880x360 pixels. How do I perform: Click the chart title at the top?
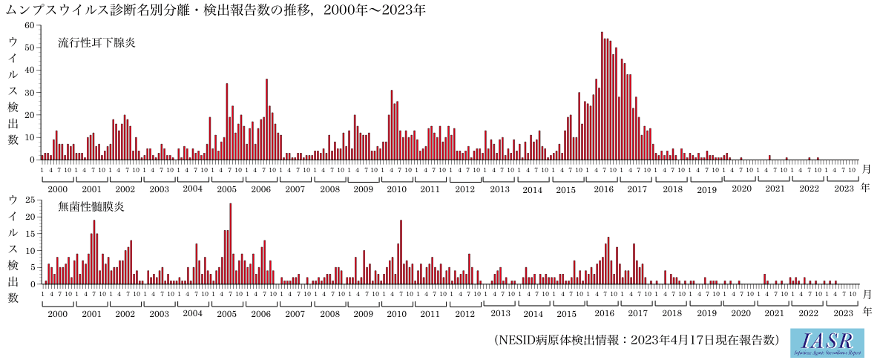pyautogui.click(x=216, y=10)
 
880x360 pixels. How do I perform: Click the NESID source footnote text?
pyautogui.click(x=637, y=340)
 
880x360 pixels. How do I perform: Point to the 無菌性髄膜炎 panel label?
pyautogui.click(x=91, y=206)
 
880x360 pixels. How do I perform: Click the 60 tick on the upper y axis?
pyautogui.click(x=30, y=25)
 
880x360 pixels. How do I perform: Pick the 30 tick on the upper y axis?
pyautogui.click(x=30, y=93)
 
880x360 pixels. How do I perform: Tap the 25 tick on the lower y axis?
pyautogui.click(x=30, y=200)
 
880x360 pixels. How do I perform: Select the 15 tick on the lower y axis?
pyautogui.click(x=30, y=234)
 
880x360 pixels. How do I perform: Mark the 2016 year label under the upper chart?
pyautogui.click(x=602, y=189)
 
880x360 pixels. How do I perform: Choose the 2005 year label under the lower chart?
pyautogui.click(x=227, y=314)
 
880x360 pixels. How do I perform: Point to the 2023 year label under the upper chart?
pyautogui.click(x=844, y=189)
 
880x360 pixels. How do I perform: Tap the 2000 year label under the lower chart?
pyautogui.click(x=57, y=314)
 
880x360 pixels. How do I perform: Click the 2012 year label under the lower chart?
pyautogui.click(x=464, y=314)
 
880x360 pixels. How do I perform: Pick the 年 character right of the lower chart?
pyautogui.click(x=865, y=314)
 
